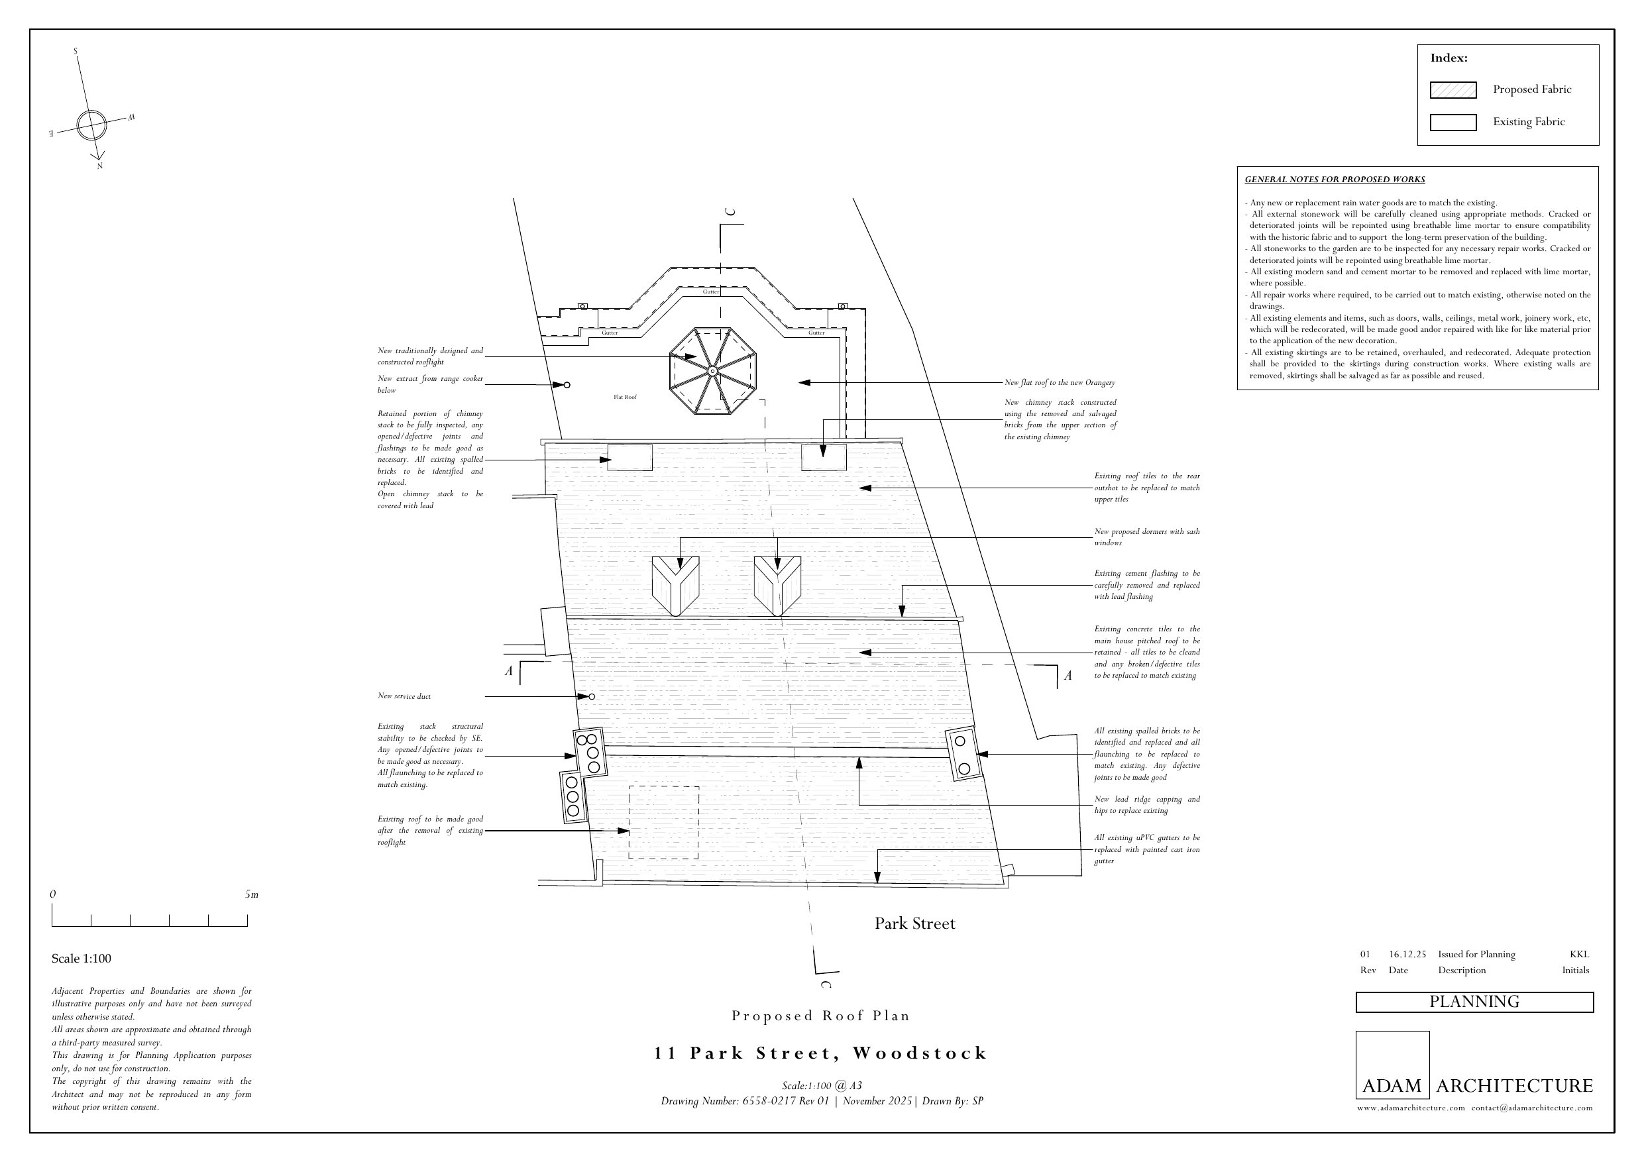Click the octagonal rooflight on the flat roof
tap(712, 371)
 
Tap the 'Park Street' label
tap(914, 924)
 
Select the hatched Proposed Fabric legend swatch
tap(1452, 90)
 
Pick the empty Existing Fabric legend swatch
tap(1452, 123)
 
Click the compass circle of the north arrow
tap(91, 125)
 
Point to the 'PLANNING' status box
tap(1474, 1002)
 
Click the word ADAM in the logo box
tap(1392, 1085)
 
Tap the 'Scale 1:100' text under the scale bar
tap(81, 959)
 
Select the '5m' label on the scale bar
tap(251, 894)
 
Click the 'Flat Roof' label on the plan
tap(624, 397)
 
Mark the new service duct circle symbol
tap(592, 697)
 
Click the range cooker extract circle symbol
tap(567, 385)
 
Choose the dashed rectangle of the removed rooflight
tap(663, 822)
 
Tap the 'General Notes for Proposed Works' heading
tap(1335, 180)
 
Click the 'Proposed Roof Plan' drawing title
tap(820, 1015)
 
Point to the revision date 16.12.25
tap(1407, 955)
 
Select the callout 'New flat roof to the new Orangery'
tap(1060, 383)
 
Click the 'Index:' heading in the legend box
tap(1449, 58)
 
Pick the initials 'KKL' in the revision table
tap(1579, 955)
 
